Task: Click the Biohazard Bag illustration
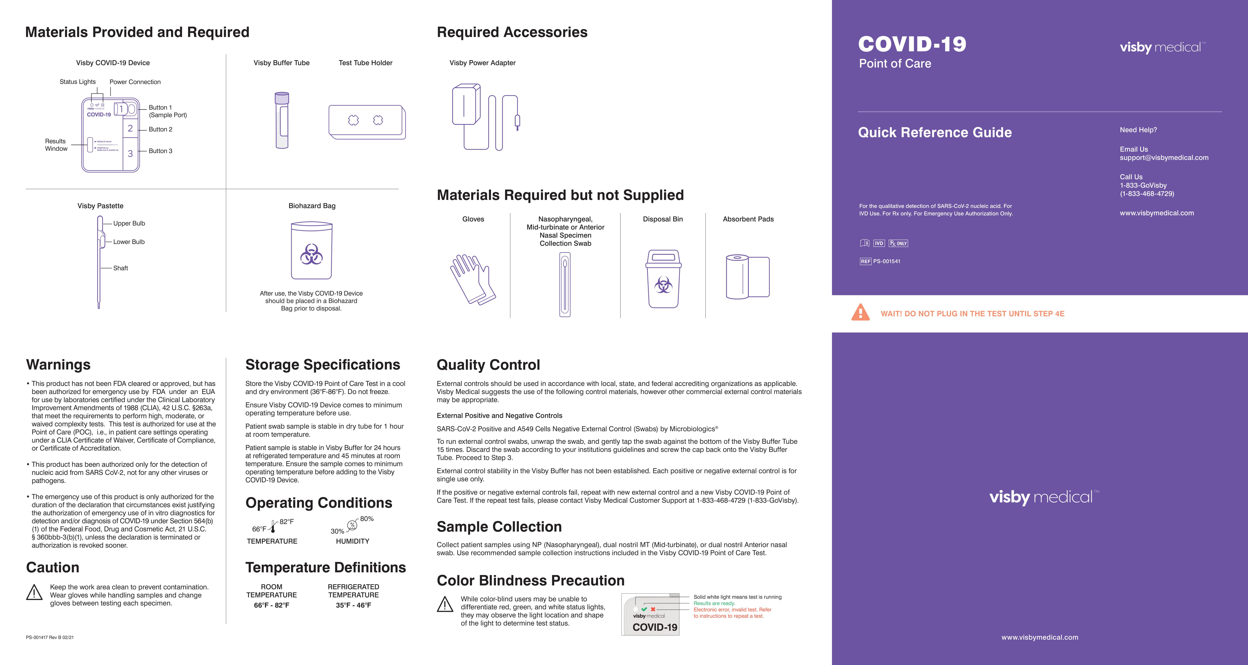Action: click(x=312, y=251)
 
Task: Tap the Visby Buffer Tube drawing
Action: click(x=281, y=120)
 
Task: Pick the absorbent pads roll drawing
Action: click(x=748, y=277)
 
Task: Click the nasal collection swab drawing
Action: click(x=565, y=284)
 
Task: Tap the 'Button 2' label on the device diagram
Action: click(x=160, y=129)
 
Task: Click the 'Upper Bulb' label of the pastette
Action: click(x=129, y=223)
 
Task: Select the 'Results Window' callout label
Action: click(x=56, y=145)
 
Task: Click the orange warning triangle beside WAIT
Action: click(x=860, y=313)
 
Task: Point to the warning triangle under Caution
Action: click(x=34, y=592)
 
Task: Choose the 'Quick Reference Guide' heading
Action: click(x=935, y=133)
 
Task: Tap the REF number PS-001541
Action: click(x=886, y=261)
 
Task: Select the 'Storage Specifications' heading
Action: click(x=323, y=365)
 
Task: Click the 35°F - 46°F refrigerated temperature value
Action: click(x=353, y=605)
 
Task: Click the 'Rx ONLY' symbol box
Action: click(x=898, y=243)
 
